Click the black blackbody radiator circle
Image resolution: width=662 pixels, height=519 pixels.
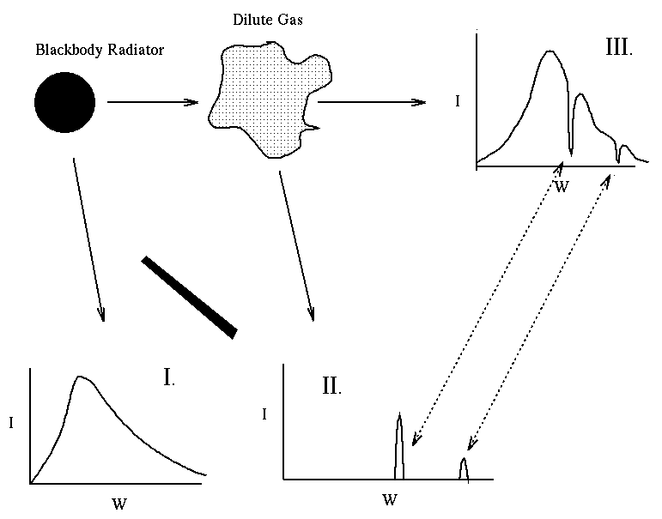64,103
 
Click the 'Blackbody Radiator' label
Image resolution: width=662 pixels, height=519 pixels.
100,50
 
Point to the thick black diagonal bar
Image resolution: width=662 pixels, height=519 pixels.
189,295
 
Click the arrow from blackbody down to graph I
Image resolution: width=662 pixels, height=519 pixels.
88,239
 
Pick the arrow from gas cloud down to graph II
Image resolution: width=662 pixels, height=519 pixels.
295,245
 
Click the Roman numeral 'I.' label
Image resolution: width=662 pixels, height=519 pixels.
168,377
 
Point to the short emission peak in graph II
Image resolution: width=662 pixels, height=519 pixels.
465,468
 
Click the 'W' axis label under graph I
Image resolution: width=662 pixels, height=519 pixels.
118,504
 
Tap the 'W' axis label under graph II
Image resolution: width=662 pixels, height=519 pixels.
391,498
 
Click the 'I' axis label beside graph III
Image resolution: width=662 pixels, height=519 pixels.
459,101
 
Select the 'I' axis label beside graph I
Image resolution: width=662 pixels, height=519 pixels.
9,422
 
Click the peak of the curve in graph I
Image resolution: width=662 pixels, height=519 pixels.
80,377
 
